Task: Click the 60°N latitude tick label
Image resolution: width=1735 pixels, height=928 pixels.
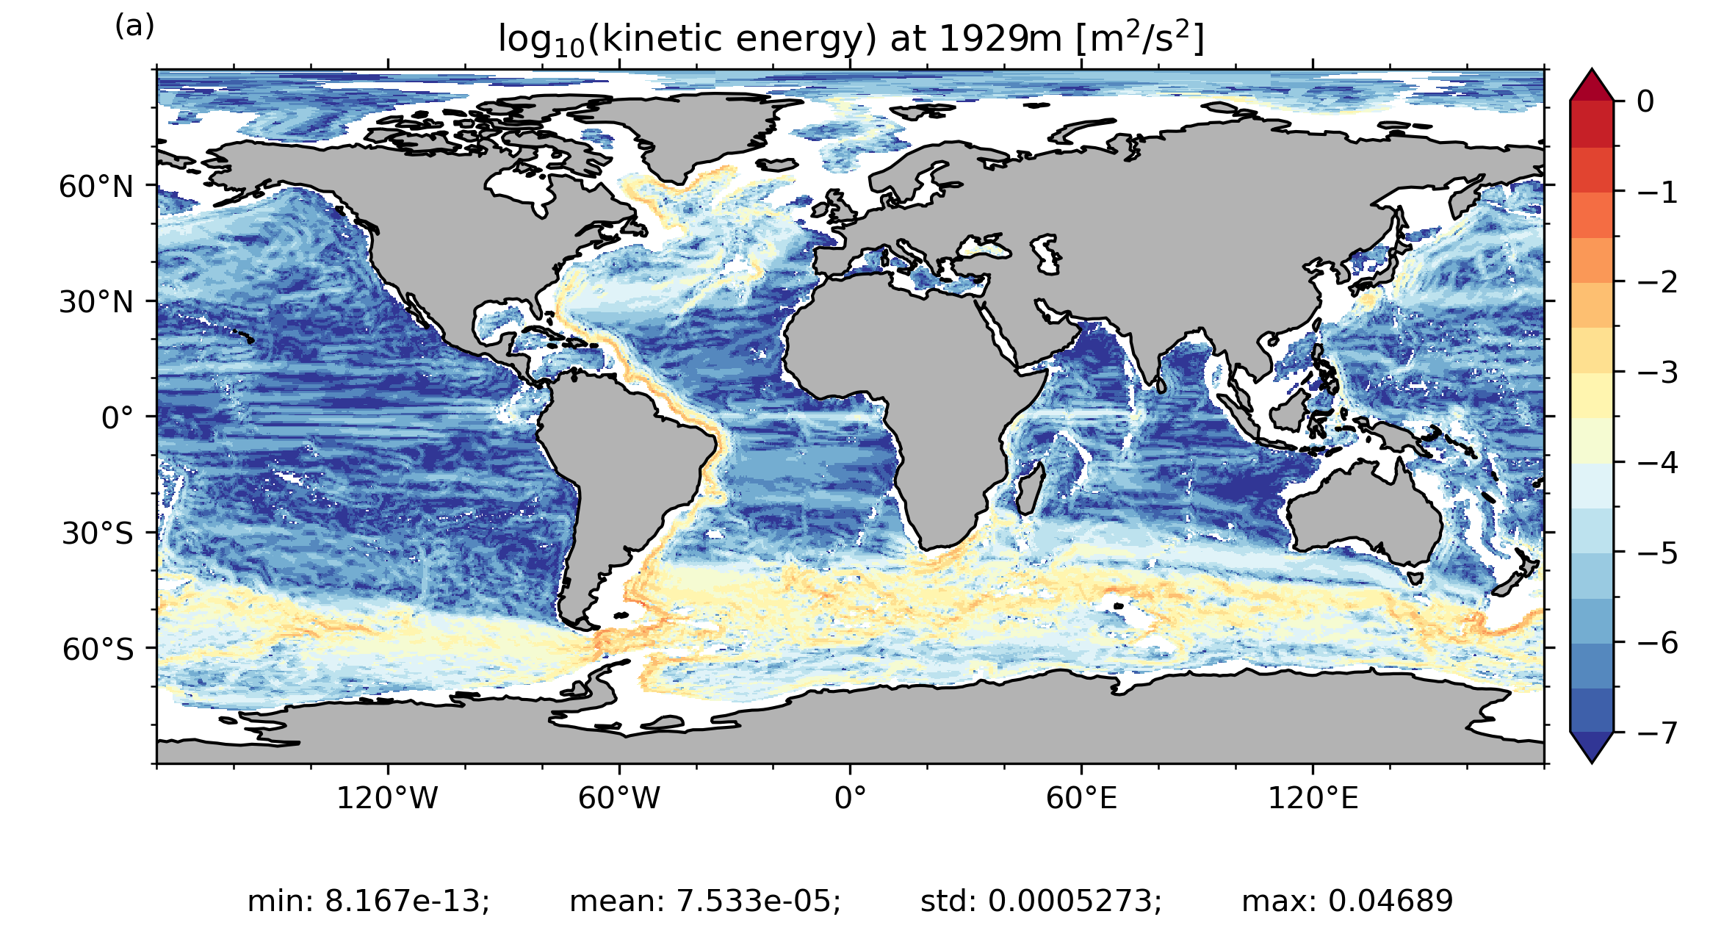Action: (96, 187)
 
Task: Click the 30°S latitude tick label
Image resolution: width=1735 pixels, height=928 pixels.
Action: (98, 533)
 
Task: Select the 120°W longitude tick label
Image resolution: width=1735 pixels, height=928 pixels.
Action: (387, 797)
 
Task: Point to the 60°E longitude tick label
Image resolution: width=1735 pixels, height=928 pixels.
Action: (1081, 797)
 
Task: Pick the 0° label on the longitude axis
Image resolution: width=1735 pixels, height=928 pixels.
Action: (850, 797)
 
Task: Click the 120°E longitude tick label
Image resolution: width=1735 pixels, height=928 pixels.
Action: (1313, 797)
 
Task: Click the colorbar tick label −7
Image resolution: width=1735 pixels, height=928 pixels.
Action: (1657, 733)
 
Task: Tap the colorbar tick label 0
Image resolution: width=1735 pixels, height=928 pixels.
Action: (1645, 102)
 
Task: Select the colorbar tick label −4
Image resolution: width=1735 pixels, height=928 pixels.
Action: (1657, 463)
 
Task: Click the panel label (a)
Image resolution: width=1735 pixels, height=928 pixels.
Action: (134, 26)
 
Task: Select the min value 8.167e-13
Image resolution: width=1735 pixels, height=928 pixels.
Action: (407, 901)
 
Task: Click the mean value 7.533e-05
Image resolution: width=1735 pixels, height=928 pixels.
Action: (758, 901)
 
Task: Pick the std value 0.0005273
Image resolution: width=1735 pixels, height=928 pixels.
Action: (1074, 901)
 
